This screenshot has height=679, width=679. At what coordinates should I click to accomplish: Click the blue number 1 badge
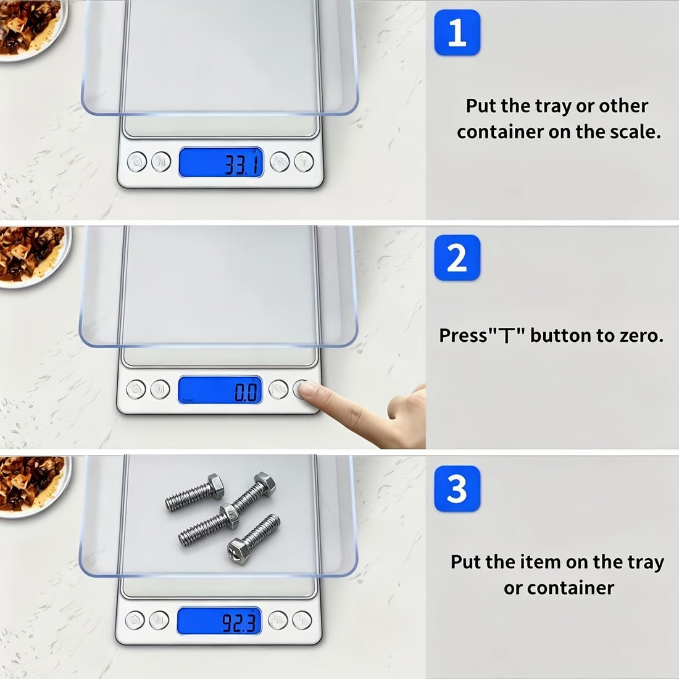[x=457, y=33]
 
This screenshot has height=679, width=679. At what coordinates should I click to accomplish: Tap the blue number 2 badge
[x=457, y=257]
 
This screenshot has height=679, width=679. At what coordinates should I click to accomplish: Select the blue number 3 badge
[x=457, y=488]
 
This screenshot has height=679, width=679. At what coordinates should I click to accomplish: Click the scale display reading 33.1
[x=221, y=162]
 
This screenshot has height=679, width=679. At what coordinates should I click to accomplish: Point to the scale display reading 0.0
[x=220, y=389]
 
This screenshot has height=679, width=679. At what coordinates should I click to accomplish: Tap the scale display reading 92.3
[x=219, y=620]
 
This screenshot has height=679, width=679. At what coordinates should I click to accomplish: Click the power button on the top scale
[x=137, y=162]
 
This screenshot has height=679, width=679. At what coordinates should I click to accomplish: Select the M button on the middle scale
[x=160, y=389]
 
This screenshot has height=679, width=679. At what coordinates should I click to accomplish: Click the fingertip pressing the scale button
[x=308, y=389]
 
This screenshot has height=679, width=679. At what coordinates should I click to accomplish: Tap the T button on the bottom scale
[x=302, y=620]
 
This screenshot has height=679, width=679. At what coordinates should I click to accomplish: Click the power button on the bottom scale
[x=135, y=620]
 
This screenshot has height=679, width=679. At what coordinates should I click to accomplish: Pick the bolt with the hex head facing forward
[x=254, y=539]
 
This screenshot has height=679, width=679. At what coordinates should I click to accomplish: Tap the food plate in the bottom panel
[x=33, y=486]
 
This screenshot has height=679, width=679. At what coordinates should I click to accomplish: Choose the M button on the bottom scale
[x=159, y=620]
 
